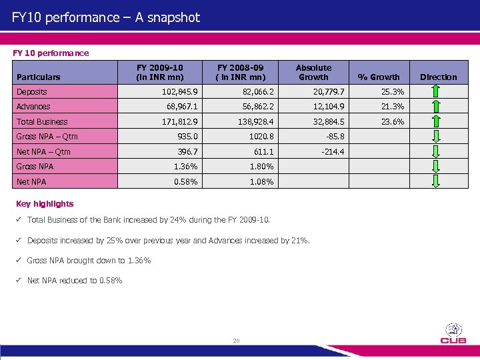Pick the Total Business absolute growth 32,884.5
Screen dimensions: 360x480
[326, 122]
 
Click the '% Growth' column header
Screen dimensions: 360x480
[379, 77]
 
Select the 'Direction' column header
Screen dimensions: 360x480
[439, 77]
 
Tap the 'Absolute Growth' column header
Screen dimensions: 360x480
[313, 72]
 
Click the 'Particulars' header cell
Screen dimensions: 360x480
[39, 77]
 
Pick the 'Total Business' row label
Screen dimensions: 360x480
[42, 122]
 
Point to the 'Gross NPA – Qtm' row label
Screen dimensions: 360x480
[47, 137]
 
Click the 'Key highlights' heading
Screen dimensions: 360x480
[44, 204]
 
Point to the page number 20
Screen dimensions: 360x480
[236, 341]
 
